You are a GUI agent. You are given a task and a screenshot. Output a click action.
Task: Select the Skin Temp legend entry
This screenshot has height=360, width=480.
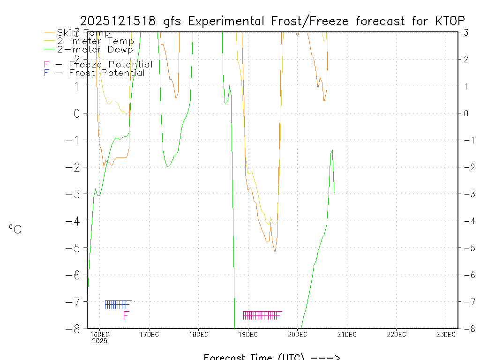[x=83, y=33]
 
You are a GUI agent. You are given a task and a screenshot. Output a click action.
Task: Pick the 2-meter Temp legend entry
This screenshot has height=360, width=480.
[x=95, y=41]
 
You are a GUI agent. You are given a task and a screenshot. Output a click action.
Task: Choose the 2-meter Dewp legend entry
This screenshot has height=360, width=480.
[x=95, y=49]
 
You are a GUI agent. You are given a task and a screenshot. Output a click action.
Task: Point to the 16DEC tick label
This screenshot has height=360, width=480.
[x=100, y=335]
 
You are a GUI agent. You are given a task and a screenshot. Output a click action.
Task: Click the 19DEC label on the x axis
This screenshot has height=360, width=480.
[x=248, y=335]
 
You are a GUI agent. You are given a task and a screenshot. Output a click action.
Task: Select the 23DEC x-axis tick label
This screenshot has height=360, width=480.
[x=446, y=335]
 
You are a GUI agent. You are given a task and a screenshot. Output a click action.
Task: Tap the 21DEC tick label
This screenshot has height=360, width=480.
[x=347, y=335]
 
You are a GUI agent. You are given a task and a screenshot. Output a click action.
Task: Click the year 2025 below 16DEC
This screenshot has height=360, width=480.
[x=99, y=341]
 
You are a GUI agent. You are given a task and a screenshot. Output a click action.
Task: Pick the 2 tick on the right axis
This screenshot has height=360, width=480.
[x=466, y=59]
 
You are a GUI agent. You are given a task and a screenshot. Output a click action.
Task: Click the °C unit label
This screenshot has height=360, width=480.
[x=15, y=229]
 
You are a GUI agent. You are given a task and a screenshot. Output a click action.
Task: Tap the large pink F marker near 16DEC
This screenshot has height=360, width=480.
[x=126, y=316]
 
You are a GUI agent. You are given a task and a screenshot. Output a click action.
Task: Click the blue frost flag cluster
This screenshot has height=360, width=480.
[x=117, y=305]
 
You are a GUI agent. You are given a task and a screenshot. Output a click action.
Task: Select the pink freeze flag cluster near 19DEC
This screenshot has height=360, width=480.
[x=261, y=315]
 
